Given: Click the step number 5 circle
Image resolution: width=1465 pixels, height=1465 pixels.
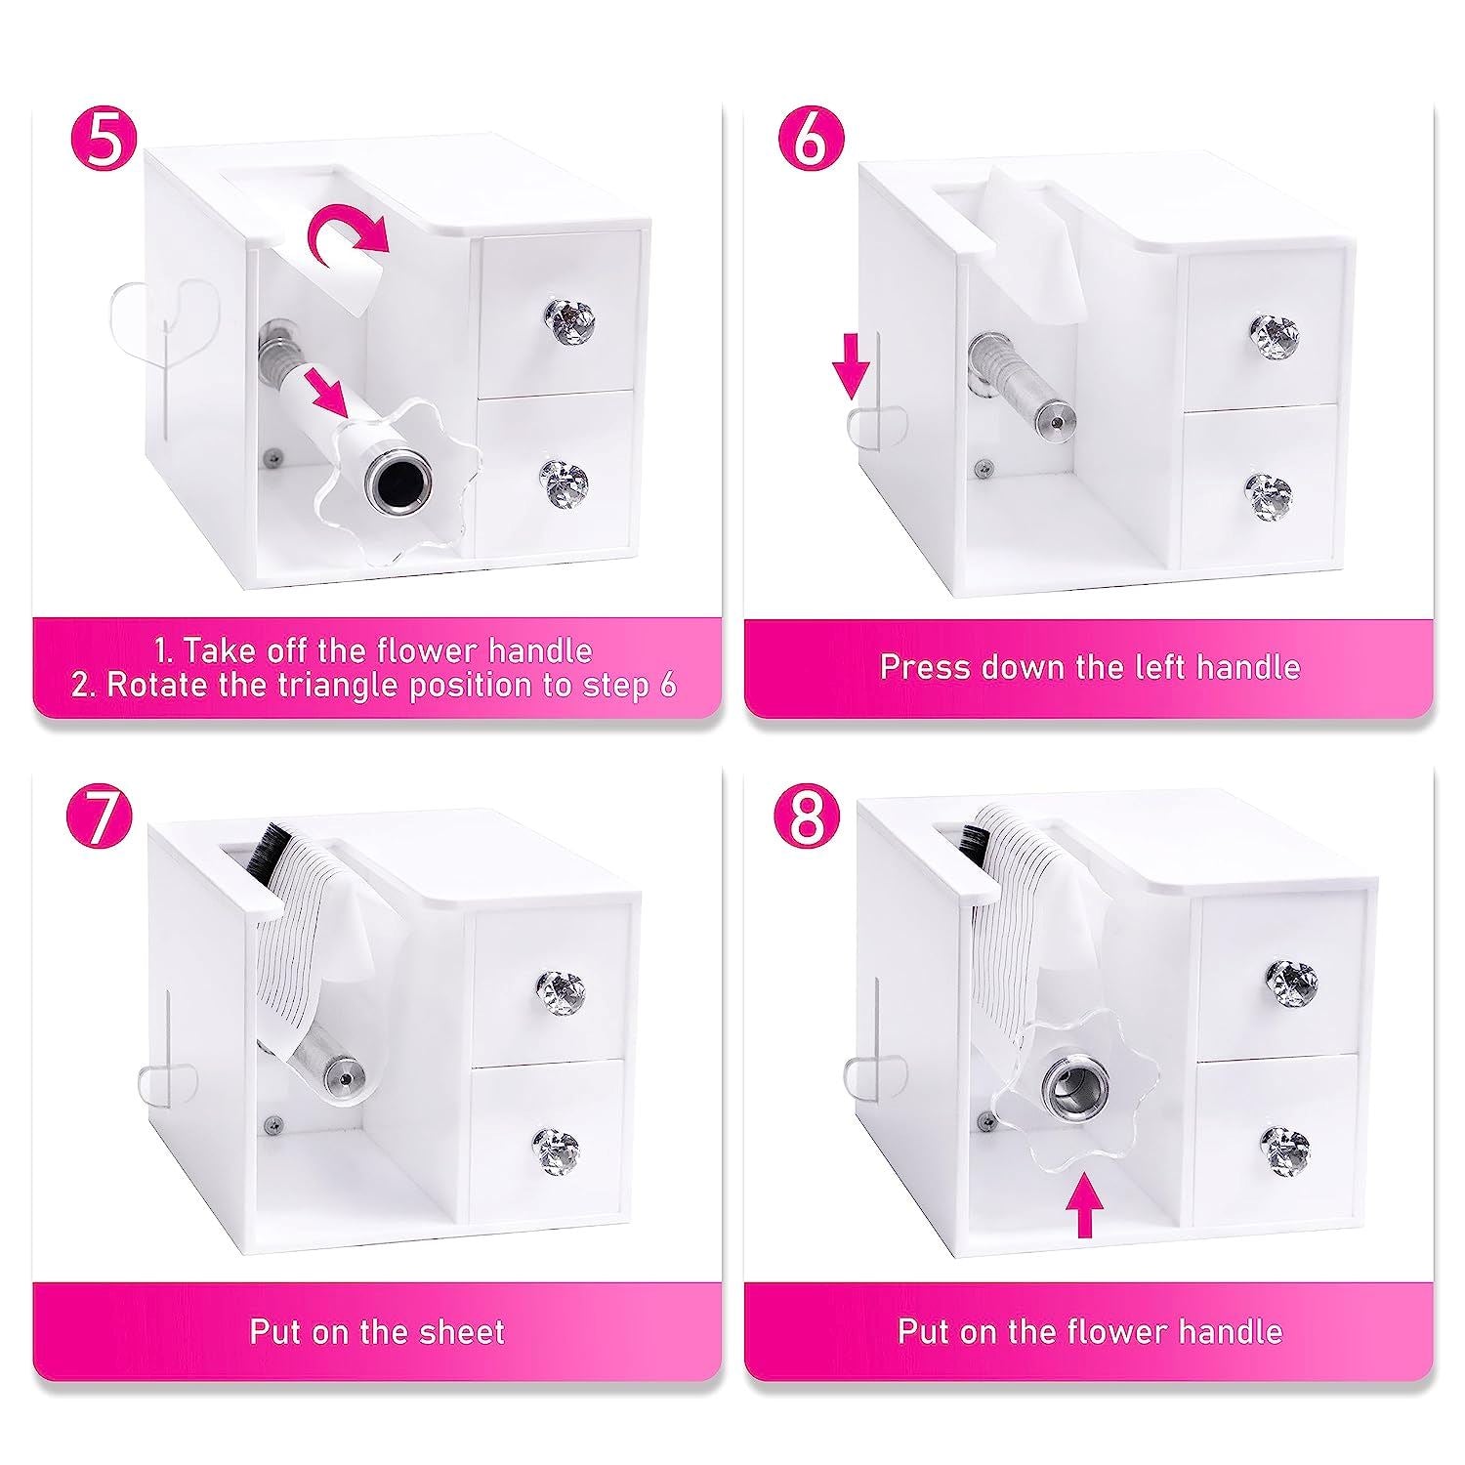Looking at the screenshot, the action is [105, 142].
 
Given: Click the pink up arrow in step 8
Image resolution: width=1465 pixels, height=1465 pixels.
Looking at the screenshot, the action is [1081, 1205].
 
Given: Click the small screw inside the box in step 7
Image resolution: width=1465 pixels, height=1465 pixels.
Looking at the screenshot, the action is [270, 1123].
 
